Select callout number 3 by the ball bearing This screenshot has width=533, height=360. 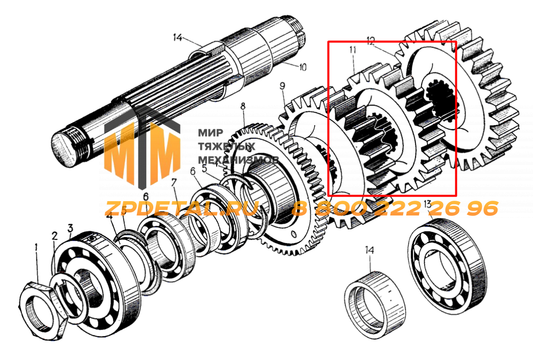coord(71,228)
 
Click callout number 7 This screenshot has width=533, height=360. coord(174,182)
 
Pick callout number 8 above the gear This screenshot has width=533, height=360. coord(243,107)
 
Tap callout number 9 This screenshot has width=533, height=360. coord(282,86)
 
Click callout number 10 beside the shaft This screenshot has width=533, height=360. coord(303,66)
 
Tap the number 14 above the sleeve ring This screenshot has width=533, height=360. coord(369,250)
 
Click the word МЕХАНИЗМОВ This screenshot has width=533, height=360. coord(237,159)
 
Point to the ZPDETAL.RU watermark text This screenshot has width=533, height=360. coord(182,208)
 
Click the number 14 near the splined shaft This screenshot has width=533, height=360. coord(177,37)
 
